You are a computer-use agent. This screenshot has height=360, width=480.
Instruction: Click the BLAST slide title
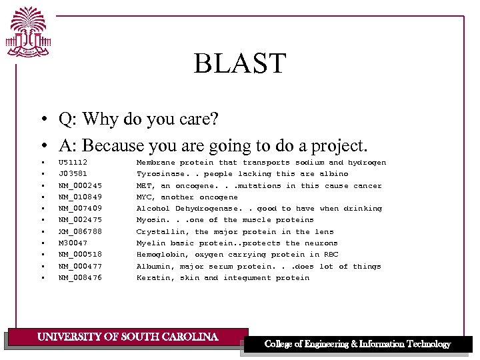point(239,64)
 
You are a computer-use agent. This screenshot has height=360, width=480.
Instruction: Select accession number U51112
point(73,163)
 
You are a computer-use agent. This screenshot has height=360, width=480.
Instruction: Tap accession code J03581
point(73,174)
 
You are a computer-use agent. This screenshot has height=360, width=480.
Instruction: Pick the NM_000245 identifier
point(80,186)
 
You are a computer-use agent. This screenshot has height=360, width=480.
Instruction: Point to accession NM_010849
point(80,197)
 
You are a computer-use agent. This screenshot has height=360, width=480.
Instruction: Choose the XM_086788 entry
point(80,232)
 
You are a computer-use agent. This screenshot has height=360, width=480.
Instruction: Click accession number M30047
point(73,243)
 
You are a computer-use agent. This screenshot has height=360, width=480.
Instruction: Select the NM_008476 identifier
point(80,278)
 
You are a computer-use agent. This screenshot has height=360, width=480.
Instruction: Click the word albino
point(334,174)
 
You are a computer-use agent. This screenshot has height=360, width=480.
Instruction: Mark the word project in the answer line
point(338,145)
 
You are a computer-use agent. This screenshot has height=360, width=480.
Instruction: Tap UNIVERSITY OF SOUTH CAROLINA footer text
point(127,337)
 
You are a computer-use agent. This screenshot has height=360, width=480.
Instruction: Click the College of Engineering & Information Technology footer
point(357,344)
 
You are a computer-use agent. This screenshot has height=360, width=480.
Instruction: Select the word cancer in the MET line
point(367,186)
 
